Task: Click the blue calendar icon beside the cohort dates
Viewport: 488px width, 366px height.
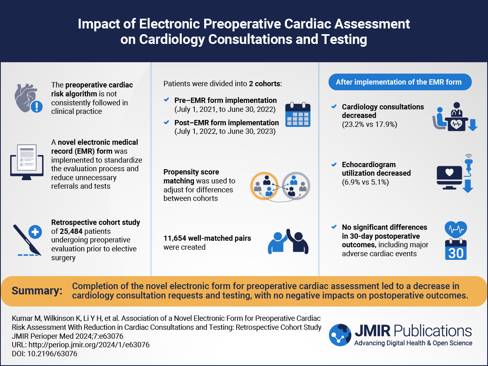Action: point(298,115)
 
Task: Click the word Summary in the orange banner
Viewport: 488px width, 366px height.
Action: point(37,291)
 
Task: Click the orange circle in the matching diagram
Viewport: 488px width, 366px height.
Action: point(264,186)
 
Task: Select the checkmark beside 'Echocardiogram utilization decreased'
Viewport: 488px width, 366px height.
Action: point(334,165)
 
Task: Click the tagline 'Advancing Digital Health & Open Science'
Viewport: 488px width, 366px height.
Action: point(413,343)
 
